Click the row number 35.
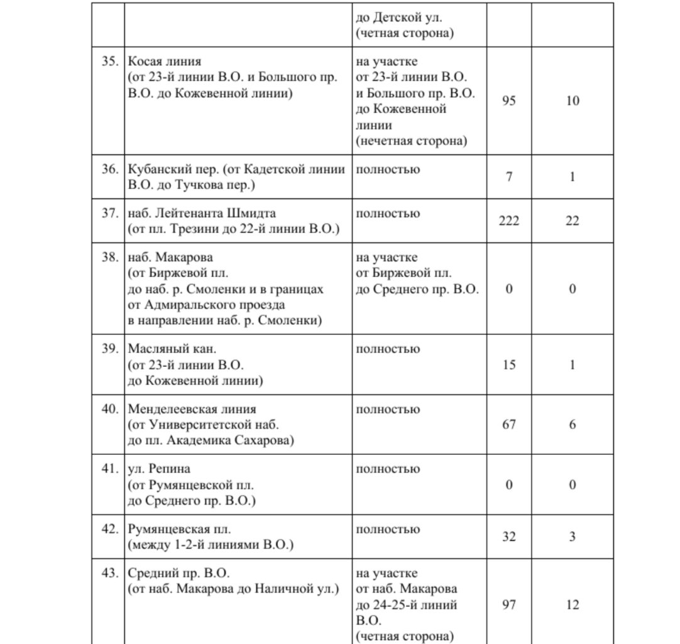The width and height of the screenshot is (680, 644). point(110,62)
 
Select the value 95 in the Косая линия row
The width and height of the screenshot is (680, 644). point(509,101)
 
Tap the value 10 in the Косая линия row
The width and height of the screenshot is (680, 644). point(573,101)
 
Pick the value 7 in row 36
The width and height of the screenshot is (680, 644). point(509,177)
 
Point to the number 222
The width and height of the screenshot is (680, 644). point(509,221)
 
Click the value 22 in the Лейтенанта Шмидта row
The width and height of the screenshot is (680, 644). point(573,221)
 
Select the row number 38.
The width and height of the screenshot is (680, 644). point(110,258)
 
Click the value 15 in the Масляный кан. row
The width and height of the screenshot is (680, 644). point(509,364)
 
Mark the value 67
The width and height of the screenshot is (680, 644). point(509,424)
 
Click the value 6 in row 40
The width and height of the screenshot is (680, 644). point(573,424)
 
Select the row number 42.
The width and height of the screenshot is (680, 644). point(110,529)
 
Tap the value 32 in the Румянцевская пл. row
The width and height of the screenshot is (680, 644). point(509,537)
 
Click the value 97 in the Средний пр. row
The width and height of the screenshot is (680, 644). point(509,605)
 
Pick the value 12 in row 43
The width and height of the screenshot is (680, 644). point(573,605)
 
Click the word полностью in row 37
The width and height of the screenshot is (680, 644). point(388,214)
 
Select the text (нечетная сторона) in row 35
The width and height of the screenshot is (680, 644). point(412,141)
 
